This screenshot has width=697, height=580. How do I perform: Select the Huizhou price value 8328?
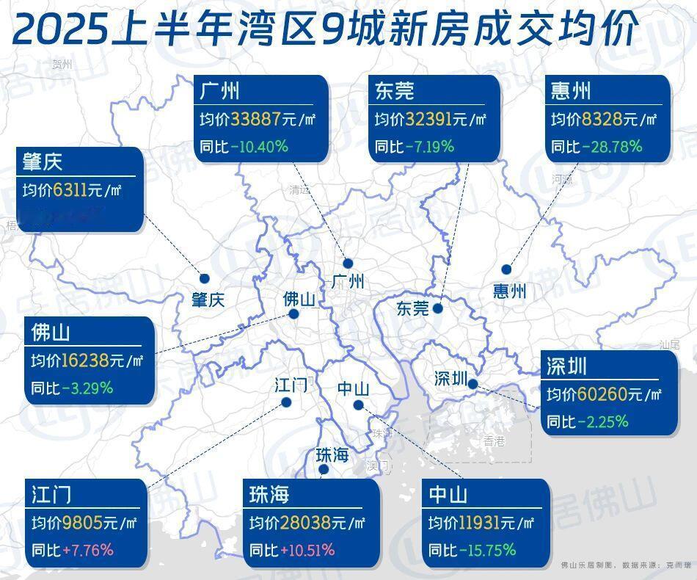(601, 119)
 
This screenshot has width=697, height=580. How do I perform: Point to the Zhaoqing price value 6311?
(69, 190)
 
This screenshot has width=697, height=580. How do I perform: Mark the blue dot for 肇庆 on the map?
(205, 278)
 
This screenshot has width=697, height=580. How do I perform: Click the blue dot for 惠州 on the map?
(506, 269)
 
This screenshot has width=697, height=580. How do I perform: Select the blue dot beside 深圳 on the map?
(473, 383)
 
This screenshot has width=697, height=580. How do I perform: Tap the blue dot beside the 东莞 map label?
(437, 308)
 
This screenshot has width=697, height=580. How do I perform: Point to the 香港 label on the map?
(495, 441)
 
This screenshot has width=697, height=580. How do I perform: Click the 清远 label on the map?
(299, 189)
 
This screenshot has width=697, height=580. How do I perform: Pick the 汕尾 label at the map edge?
(670, 344)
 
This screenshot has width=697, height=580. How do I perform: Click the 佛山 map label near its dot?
(299, 300)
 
